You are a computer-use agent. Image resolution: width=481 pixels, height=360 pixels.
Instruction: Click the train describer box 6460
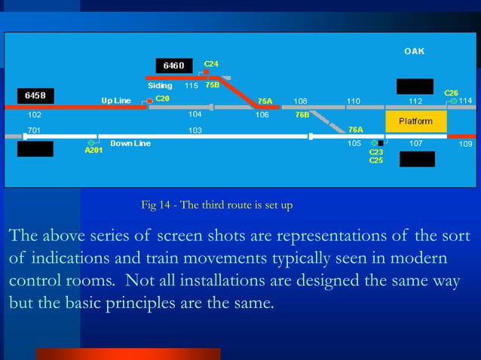click(174, 66)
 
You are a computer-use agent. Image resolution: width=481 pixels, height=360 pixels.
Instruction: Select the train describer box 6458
click(35, 96)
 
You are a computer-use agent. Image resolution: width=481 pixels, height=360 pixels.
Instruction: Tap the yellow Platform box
click(415, 121)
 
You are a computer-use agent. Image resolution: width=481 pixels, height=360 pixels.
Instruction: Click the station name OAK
click(414, 51)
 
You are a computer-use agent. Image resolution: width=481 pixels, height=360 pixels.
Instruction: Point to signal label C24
click(212, 63)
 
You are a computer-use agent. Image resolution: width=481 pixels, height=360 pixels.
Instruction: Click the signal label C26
click(451, 93)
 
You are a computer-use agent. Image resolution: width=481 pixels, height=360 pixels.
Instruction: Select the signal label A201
click(93, 151)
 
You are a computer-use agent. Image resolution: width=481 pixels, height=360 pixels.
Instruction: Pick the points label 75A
click(265, 100)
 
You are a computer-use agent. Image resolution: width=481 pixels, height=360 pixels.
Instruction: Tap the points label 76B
click(302, 115)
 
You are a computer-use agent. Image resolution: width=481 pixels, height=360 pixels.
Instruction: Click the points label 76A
click(355, 130)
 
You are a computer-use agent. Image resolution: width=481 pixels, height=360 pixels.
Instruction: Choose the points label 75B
click(212, 85)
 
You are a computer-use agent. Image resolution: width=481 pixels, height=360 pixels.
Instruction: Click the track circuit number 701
click(34, 130)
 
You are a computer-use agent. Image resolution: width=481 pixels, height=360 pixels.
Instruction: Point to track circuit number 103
click(195, 130)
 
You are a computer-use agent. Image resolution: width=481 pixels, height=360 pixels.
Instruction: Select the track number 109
click(465, 143)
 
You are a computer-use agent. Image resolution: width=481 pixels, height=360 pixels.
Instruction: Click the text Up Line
click(117, 100)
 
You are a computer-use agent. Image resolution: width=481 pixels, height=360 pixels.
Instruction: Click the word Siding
click(160, 86)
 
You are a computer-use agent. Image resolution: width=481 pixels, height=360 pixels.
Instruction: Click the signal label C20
click(163, 99)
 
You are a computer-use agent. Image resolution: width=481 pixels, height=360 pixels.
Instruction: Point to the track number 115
click(191, 86)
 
